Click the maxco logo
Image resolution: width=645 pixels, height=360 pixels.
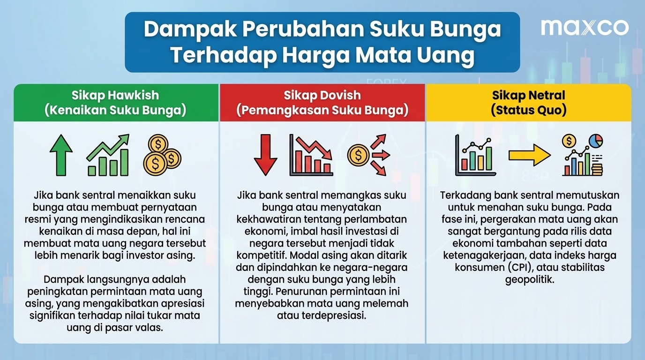pos(585,27)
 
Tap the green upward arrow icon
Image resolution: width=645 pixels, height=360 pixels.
pos(61,155)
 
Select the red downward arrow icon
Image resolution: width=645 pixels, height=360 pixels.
pos(265,155)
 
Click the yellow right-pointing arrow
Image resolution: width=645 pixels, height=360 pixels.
pos(530,155)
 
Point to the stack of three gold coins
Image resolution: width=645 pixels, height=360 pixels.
pos(162,155)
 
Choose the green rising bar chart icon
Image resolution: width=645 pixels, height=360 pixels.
pos(108,155)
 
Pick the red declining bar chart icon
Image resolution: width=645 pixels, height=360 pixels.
pos(311,155)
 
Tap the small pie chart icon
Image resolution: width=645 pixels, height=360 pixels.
pos(596,141)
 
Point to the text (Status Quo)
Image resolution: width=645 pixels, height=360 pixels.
pos(529,110)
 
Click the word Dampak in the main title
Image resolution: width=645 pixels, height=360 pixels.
pos(190,30)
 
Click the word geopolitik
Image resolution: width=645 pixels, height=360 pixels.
pos(530,280)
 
